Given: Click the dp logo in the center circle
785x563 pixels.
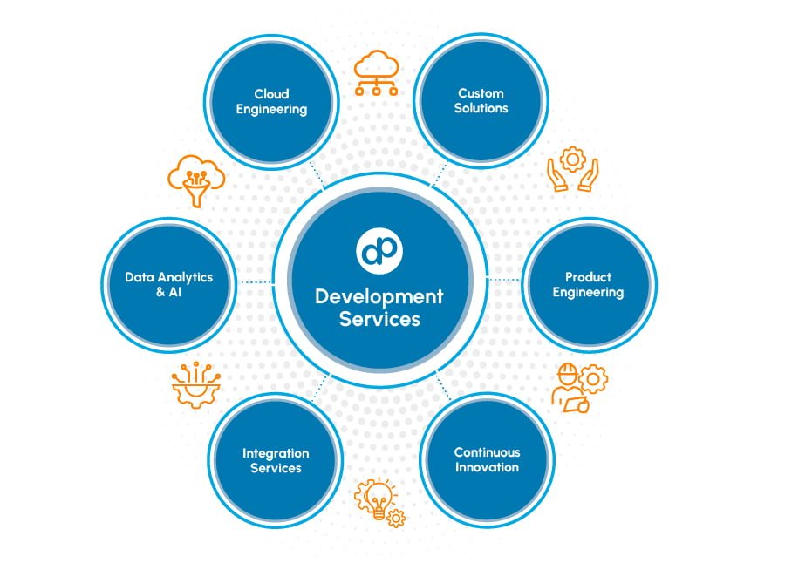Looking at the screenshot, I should (379, 250).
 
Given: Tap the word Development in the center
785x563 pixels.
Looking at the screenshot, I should (379, 296).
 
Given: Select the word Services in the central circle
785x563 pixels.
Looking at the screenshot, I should (379, 319).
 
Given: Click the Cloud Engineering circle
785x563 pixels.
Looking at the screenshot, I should (270, 102).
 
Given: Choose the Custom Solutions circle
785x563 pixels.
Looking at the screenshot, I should (481, 100).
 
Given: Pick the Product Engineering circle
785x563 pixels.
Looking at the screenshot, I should (589, 284).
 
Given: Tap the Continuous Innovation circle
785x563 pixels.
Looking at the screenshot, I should (486, 460).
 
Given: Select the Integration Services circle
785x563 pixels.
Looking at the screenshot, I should (275, 460).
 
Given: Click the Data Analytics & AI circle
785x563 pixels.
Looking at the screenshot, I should (169, 284).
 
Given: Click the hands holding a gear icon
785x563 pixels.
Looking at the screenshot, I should (572, 171).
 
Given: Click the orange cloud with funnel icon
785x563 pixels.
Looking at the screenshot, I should (195, 180).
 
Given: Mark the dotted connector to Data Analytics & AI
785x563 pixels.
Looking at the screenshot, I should (256, 282).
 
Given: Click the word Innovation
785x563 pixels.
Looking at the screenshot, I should (486, 467).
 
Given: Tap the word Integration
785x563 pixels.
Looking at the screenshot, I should (275, 453).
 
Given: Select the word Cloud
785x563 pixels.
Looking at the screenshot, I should (271, 94).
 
